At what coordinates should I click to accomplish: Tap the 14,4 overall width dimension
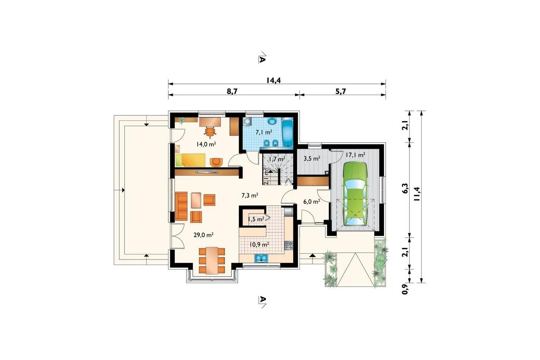tap(273, 80)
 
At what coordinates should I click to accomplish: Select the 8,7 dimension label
tap(232, 92)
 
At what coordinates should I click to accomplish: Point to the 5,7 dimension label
tap(341, 92)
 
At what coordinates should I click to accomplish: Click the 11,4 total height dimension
tap(417, 194)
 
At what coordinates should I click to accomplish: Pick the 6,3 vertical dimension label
tap(405, 189)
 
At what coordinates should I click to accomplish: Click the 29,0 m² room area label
tap(204, 235)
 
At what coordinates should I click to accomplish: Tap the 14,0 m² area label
tap(206, 144)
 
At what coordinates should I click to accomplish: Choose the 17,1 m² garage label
tap(355, 155)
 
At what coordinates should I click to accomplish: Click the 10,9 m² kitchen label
tap(259, 245)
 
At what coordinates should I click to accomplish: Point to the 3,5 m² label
tap(312, 159)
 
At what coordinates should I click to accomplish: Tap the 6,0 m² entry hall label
tap(312, 202)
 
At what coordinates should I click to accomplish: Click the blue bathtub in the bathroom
tap(287, 132)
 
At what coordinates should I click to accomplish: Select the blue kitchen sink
tap(261, 258)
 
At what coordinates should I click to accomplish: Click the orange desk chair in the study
tap(210, 132)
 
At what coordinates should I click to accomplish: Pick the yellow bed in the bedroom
tap(190, 160)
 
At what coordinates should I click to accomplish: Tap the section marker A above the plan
tap(262, 59)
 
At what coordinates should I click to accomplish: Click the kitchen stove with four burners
tap(289, 245)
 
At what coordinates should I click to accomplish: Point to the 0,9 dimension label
tap(405, 289)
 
